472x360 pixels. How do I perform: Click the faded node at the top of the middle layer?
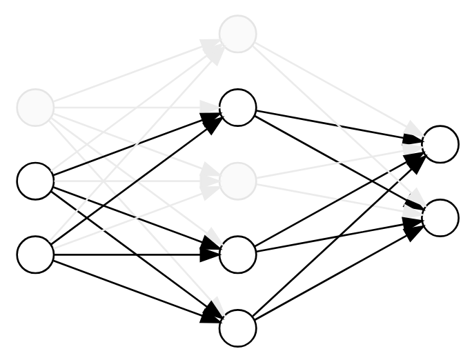[x=238, y=33]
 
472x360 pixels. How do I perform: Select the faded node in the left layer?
[x=35, y=108]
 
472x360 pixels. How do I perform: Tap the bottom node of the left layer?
[x=35, y=254]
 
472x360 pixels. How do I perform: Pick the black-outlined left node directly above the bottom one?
[x=35, y=181]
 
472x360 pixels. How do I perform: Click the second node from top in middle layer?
[x=238, y=108]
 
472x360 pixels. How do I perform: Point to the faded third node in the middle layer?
[x=238, y=181]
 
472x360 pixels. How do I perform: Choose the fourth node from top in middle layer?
[x=238, y=254]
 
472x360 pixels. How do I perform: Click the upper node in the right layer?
[x=441, y=144]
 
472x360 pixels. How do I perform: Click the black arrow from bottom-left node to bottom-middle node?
[x=138, y=292]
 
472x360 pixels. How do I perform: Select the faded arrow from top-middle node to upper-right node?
[x=338, y=88]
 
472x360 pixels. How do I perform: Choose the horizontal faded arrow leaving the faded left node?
[x=131, y=108]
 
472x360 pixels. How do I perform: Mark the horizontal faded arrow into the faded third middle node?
[x=131, y=181]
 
